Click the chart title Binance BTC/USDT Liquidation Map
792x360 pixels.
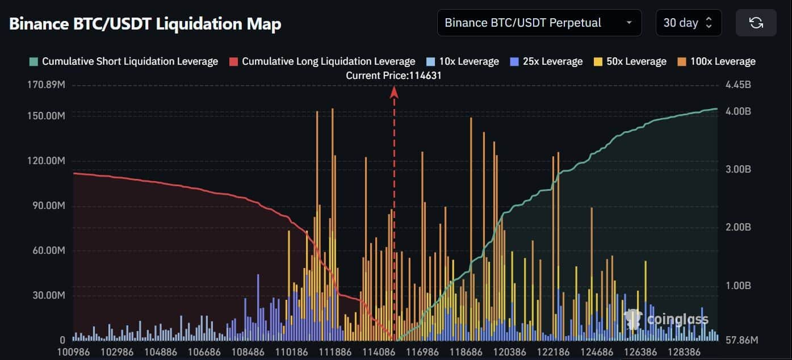(x=145, y=24)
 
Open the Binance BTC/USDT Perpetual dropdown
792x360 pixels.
(x=539, y=23)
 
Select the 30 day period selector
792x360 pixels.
(x=688, y=23)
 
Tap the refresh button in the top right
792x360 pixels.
(x=756, y=23)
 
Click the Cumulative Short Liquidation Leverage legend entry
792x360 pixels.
(x=124, y=61)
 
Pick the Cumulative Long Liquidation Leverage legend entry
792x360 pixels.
(x=322, y=61)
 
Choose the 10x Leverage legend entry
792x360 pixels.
(x=462, y=61)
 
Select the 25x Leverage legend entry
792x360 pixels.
(x=546, y=61)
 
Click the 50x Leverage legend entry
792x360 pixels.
(x=630, y=61)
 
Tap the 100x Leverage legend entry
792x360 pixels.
(x=716, y=61)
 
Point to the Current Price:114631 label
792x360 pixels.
(x=394, y=75)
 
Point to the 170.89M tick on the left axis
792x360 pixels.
(x=44, y=86)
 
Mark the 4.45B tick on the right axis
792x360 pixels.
(x=738, y=86)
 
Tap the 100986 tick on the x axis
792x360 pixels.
(x=73, y=352)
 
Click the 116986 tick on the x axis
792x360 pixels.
(x=423, y=352)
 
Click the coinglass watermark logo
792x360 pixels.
(x=667, y=320)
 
